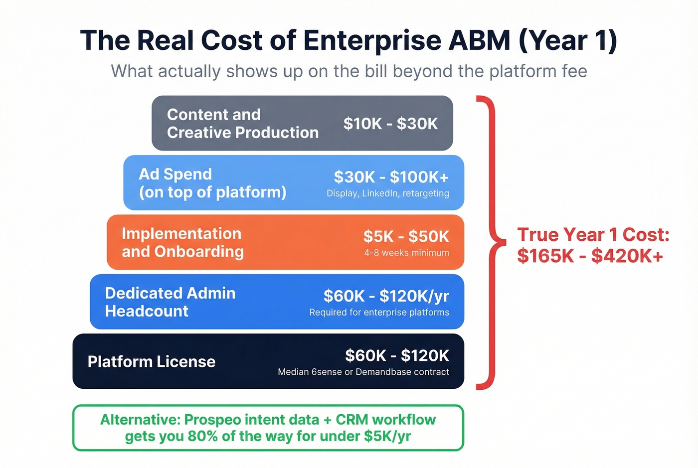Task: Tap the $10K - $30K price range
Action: point(390,124)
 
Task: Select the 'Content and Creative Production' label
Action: point(242,124)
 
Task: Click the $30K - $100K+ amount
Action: point(391,177)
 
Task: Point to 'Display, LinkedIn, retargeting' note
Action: point(387,193)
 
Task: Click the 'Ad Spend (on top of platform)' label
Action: point(212,183)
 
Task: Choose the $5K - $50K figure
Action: point(406,236)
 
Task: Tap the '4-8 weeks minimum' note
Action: point(406,253)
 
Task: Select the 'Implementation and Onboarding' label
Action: point(182,243)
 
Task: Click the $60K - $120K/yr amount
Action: point(386,296)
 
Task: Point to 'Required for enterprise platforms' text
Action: point(379,312)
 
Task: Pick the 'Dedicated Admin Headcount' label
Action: point(170,302)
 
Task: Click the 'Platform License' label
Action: point(152,362)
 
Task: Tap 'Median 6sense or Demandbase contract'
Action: point(363,372)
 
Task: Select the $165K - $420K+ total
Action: point(590,256)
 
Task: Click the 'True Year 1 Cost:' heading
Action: point(593,235)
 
